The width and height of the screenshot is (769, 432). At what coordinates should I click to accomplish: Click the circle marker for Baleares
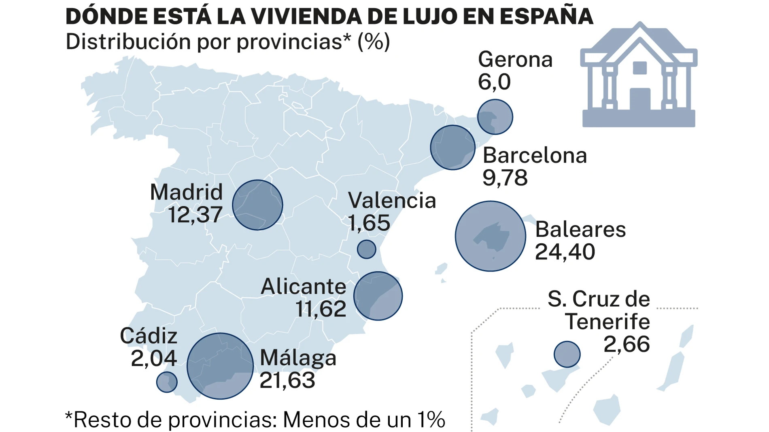tap(490, 236)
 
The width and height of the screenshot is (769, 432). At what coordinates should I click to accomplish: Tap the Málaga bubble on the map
tap(220, 366)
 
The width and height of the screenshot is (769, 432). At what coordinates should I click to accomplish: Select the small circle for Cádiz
tap(167, 382)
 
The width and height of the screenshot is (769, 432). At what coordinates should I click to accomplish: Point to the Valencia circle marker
tap(366, 249)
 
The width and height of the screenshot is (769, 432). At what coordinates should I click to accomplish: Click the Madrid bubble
tap(257, 205)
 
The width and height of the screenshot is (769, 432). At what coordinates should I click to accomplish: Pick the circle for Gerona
tap(495, 117)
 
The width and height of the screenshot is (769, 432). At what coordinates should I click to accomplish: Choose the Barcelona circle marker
tap(452, 148)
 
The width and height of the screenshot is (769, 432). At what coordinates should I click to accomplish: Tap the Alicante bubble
tap(378, 296)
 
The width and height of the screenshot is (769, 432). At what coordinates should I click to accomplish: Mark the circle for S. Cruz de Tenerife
tap(567, 354)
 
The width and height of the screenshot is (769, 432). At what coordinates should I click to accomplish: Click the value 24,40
tap(565, 252)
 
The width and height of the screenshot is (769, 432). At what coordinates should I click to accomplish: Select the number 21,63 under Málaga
tap(287, 380)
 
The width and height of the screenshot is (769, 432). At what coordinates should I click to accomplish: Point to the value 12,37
tap(195, 215)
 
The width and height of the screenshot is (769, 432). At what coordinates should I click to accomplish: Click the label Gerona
tap(515, 60)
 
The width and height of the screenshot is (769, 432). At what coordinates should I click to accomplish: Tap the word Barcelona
tap(535, 156)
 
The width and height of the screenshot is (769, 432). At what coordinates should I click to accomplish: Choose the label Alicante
tap(304, 287)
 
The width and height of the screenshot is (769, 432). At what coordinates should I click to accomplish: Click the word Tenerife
tap(607, 322)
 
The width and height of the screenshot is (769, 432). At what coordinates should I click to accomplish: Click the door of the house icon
tap(640, 99)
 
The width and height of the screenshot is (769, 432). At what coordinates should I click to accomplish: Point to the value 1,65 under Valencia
tap(369, 223)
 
